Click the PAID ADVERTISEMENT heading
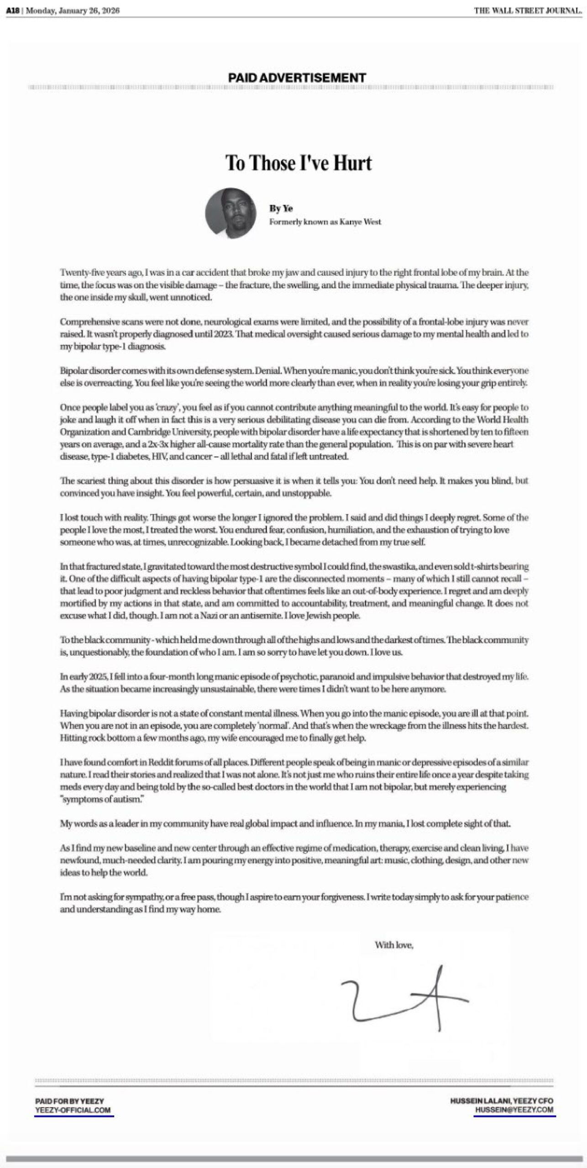click(297, 78)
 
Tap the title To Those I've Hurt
click(299, 163)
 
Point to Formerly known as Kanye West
click(325, 222)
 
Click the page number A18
click(13, 11)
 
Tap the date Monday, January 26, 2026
click(73, 11)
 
